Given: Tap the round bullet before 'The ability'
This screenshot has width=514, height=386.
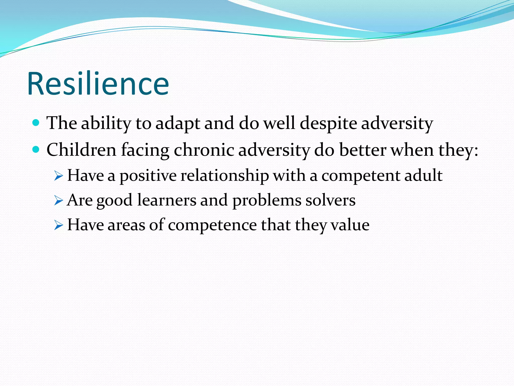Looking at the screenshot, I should pyautogui.click(x=36, y=123).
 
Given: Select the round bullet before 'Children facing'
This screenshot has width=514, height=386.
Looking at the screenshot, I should pyautogui.click(x=36, y=150).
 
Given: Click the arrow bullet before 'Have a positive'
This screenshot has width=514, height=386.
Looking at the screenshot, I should pyautogui.click(x=58, y=176).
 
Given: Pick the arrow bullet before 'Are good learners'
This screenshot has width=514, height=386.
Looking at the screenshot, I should pyautogui.click(x=58, y=201).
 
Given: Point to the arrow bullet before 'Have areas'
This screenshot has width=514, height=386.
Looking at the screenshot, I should pyautogui.click(x=58, y=225).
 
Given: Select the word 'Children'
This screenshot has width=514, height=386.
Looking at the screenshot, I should pyautogui.click(x=81, y=150).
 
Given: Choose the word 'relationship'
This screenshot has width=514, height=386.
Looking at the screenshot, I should pyautogui.click(x=225, y=176).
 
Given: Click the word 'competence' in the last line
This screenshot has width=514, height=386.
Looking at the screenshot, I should pyautogui.click(x=212, y=225).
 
